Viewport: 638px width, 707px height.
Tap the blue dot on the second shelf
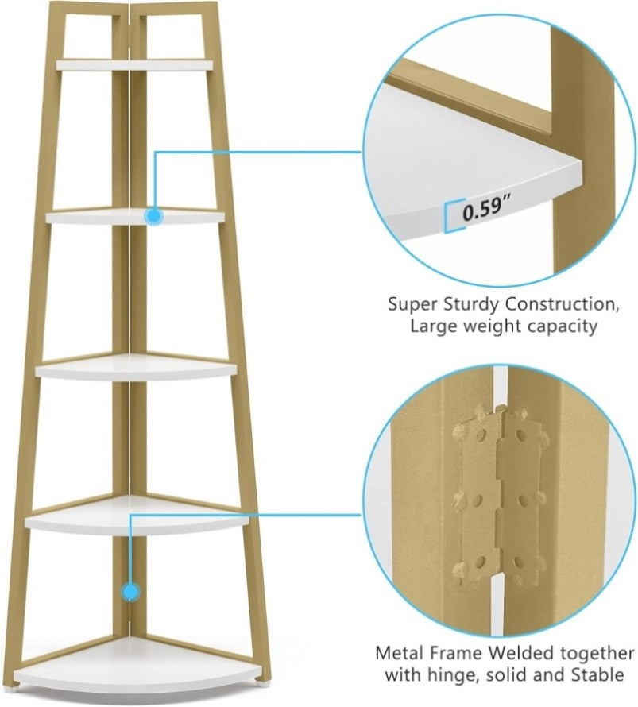(154, 216)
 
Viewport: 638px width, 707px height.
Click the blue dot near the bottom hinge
(130, 591)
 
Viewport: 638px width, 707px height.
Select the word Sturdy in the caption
(472, 305)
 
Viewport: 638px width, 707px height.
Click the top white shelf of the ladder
(134, 64)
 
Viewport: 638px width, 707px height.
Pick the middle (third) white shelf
(136, 368)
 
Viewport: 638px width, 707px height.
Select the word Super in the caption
(413, 305)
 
